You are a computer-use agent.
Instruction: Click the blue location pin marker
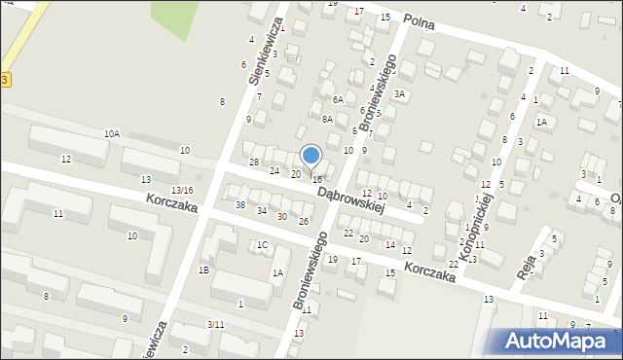click(311, 156)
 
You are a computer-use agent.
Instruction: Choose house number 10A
click(113, 134)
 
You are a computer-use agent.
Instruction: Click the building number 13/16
click(182, 190)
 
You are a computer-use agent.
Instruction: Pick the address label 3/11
click(216, 324)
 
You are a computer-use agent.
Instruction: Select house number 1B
click(204, 270)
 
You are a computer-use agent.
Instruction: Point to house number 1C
click(262, 245)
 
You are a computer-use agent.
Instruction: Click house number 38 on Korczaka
click(240, 205)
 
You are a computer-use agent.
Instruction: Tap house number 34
click(262, 211)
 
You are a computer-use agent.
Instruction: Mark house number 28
click(254, 162)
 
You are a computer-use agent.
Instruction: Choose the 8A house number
click(328, 119)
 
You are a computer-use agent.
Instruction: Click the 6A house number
click(338, 99)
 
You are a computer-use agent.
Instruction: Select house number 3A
click(399, 93)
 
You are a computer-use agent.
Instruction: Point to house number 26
click(304, 222)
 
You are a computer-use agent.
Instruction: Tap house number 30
click(282, 216)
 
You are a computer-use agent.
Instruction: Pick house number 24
click(275, 169)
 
